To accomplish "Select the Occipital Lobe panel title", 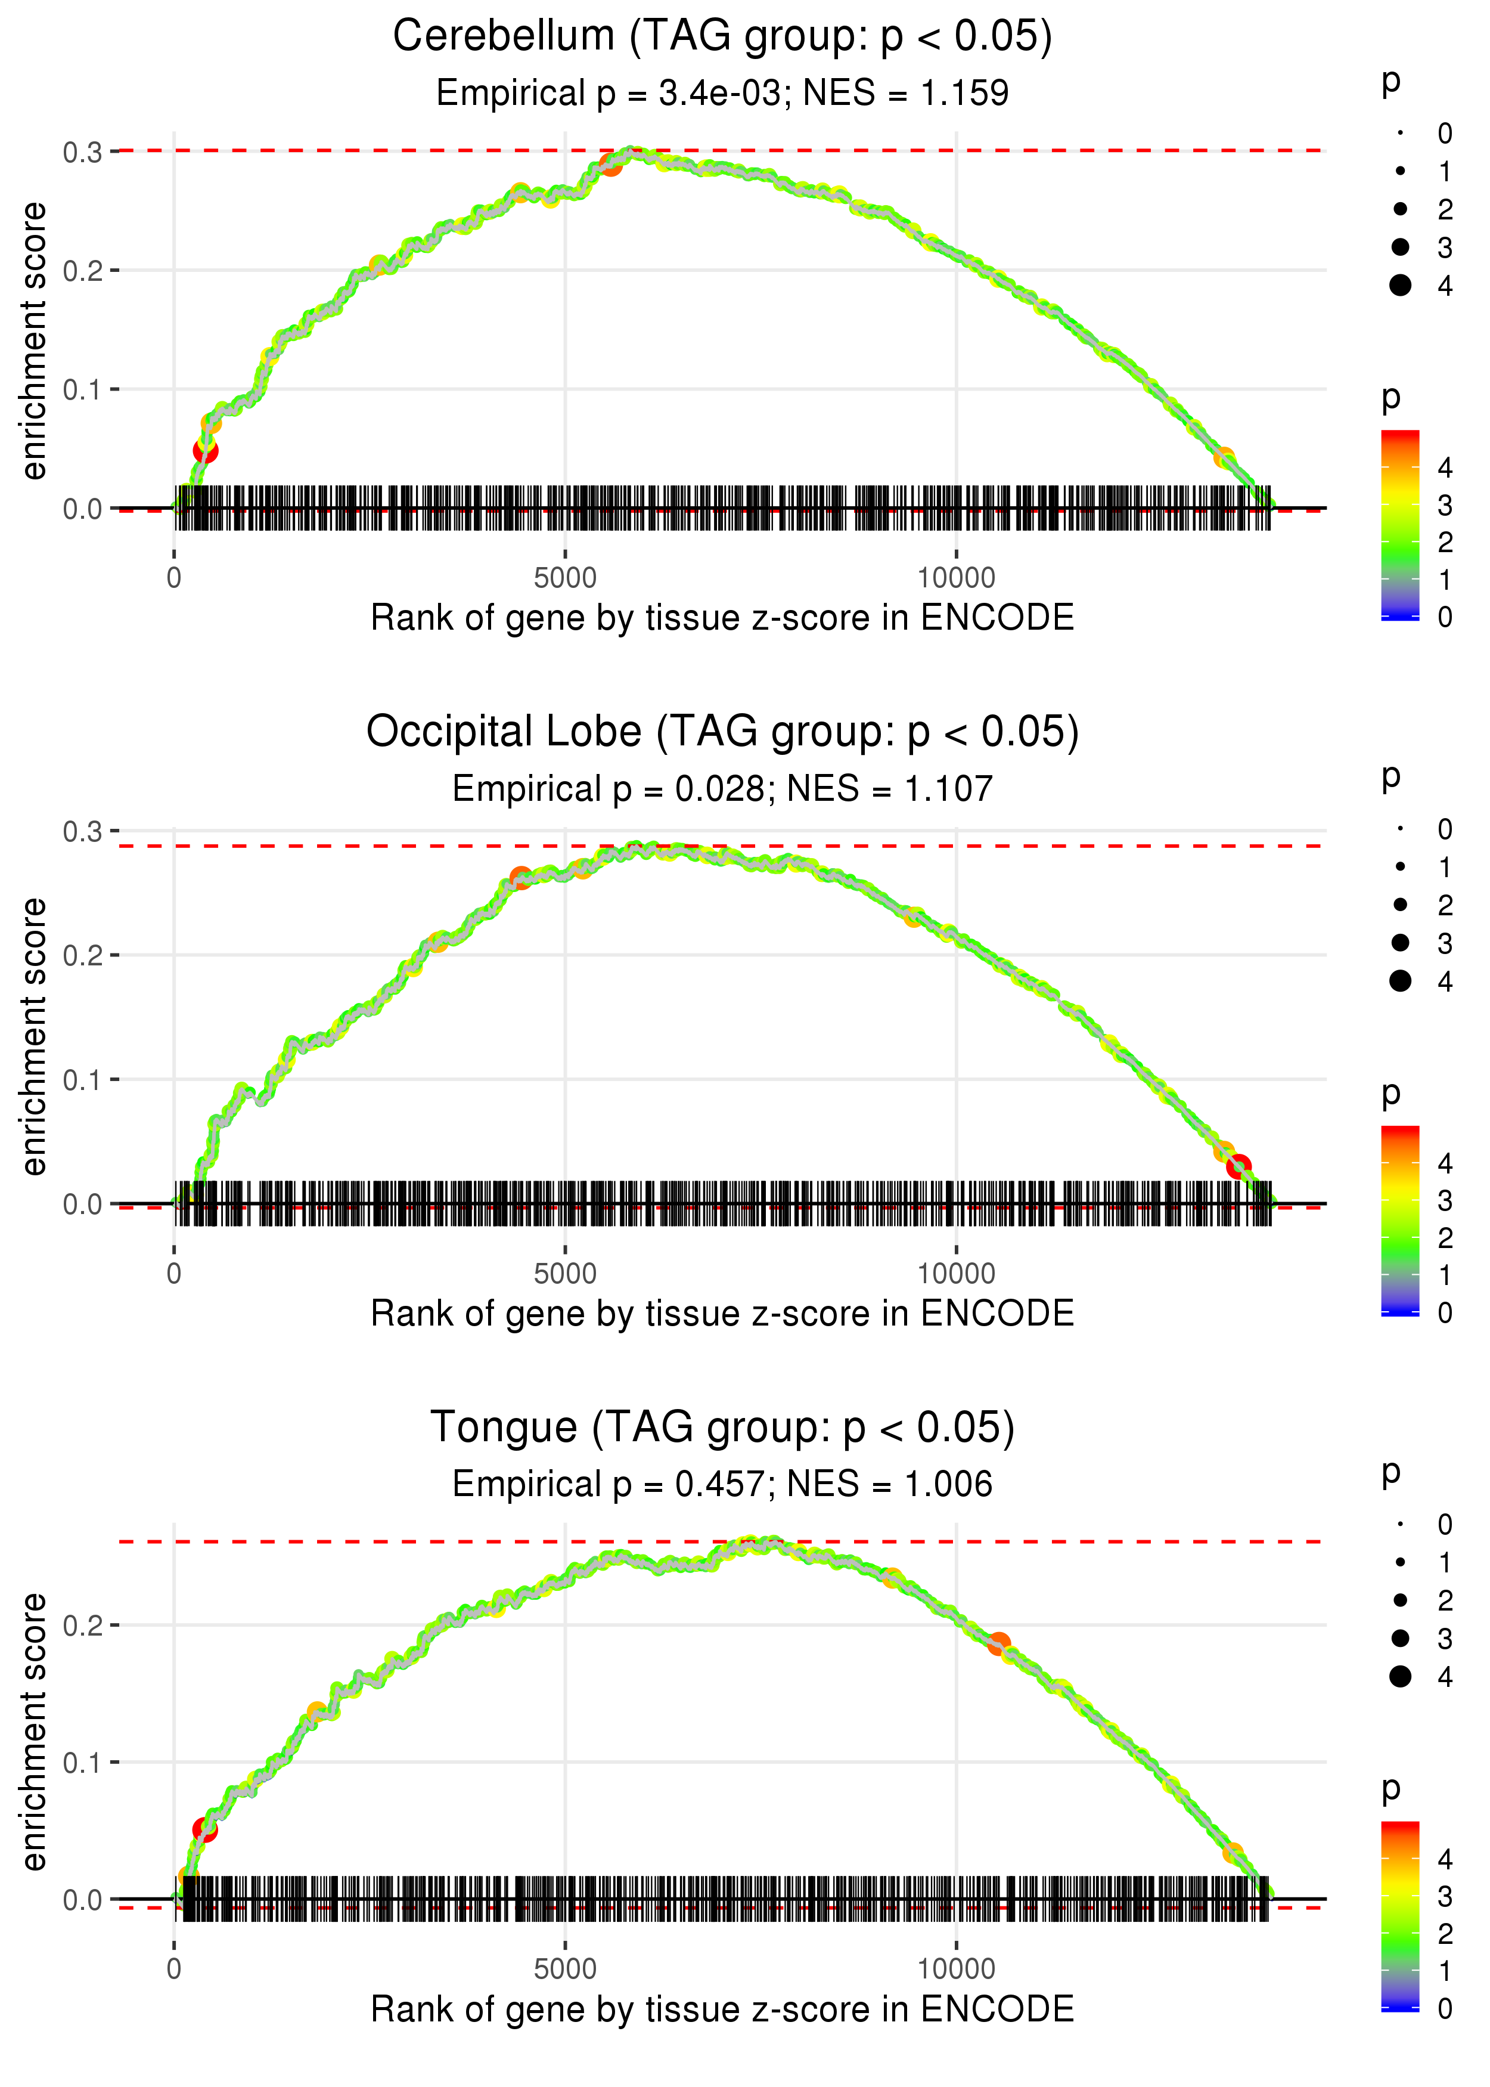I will [722, 732].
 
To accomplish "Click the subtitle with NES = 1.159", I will [722, 92].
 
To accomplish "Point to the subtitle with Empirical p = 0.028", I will [722, 788].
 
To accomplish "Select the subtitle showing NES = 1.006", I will [722, 1484].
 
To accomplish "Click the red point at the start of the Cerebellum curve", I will [206, 451].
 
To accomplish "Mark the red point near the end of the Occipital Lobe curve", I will [1238, 1166].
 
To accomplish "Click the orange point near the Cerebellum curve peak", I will [611, 165].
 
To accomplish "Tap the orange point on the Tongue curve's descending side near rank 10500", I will [999, 1643].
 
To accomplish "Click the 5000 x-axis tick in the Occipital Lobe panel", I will [565, 1274].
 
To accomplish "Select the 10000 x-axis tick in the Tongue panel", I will [956, 1968].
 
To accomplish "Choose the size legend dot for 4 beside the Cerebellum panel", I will [1400, 286].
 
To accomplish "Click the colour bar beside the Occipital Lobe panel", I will [1400, 1221].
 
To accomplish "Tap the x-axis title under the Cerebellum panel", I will [722, 618].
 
